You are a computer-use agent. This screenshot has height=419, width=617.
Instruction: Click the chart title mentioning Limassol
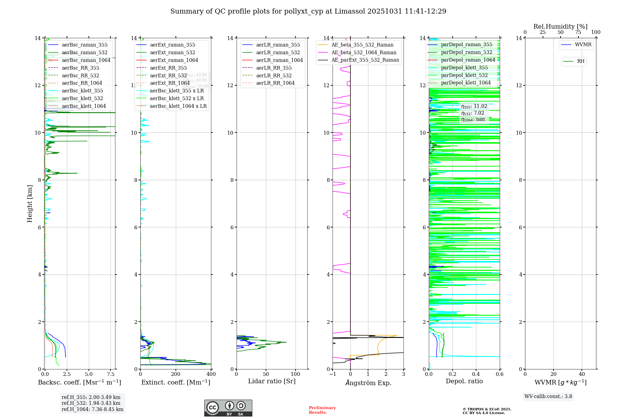tap(308, 11)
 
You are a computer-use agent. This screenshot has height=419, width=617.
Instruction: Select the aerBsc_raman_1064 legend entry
tap(86, 60)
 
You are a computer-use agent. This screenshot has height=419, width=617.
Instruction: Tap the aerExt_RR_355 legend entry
tap(168, 68)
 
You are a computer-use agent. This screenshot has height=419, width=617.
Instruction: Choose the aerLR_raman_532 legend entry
tap(278, 52)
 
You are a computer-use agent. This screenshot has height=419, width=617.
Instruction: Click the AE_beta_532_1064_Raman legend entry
tap(364, 52)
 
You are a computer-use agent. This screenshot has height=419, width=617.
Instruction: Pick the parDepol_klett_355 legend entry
tap(464, 67)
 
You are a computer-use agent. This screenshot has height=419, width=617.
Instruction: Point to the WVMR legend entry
tap(583, 45)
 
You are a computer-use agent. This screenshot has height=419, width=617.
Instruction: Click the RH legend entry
tap(580, 61)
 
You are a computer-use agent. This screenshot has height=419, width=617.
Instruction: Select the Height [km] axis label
tap(30, 204)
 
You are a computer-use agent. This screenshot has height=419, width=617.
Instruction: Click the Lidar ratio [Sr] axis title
tap(271, 381)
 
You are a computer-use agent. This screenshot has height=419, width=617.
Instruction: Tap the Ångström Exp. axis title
tap(368, 383)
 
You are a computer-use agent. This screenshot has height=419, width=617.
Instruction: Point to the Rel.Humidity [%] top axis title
tap(560, 26)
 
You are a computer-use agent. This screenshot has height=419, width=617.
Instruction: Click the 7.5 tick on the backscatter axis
tap(111, 374)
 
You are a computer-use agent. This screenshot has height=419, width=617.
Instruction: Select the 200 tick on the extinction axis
tap(176, 374)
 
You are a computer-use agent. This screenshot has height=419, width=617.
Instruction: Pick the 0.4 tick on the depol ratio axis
tap(476, 374)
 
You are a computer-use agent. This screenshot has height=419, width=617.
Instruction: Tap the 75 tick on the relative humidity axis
tap(578, 32)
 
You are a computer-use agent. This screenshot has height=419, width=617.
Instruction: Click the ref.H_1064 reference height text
tap(92, 409)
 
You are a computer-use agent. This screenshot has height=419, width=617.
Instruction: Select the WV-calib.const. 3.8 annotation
tap(548, 397)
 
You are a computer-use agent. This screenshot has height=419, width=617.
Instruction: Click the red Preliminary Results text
tap(322, 410)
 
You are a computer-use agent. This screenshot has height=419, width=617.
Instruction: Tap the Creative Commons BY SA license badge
tap(228, 408)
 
